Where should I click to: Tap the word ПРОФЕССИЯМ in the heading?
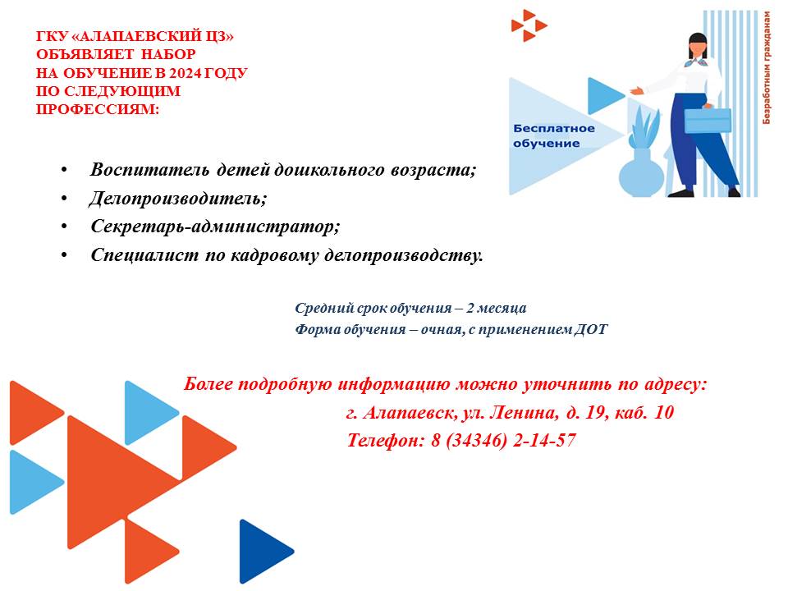tap(98, 109)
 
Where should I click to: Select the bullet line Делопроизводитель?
tap(178, 199)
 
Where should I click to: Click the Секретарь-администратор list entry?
tap(215, 227)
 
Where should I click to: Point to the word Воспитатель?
tap(149, 170)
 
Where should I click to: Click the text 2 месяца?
tap(497, 308)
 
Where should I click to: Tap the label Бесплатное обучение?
tap(554, 135)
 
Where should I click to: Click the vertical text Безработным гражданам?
tap(766, 68)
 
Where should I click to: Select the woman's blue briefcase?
tap(708, 120)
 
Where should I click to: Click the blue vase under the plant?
tap(641, 173)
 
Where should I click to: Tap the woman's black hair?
tap(698, 44)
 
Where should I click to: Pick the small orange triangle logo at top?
tap(529, 25)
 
